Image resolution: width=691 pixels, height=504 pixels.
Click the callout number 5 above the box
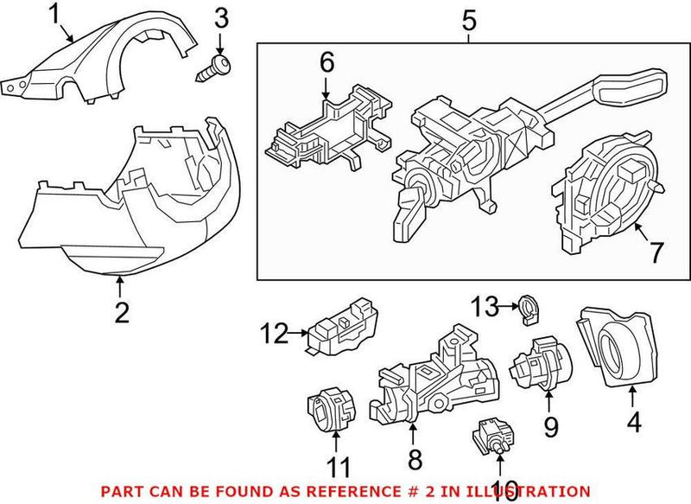pos(469,18)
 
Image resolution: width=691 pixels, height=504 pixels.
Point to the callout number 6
pos(326,62)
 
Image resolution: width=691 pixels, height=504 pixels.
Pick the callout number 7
pos(656,252)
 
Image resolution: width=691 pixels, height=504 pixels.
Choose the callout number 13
pos(490,304)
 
